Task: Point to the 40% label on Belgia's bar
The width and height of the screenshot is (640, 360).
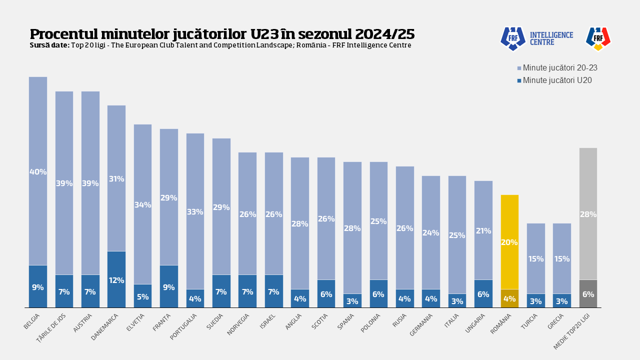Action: coord(38,172)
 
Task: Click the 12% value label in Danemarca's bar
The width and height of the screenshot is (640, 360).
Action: coord(116,280)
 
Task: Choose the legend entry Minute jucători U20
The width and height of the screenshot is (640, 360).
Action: coord(554,80)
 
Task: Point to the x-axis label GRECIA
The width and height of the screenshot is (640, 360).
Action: coord(556,321)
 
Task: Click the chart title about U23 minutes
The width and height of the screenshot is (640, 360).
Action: coord(222,34)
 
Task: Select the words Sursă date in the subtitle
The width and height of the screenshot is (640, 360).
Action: coord(49,45)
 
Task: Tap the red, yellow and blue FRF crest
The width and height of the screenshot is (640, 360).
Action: coord(598,38)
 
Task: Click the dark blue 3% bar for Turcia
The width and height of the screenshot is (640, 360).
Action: coord(535,300)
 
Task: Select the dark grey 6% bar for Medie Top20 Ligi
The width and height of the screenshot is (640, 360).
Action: coord(588,293)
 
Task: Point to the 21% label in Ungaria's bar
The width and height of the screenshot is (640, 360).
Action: coord(483,231)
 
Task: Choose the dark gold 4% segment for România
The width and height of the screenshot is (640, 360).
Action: coord(509,298)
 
